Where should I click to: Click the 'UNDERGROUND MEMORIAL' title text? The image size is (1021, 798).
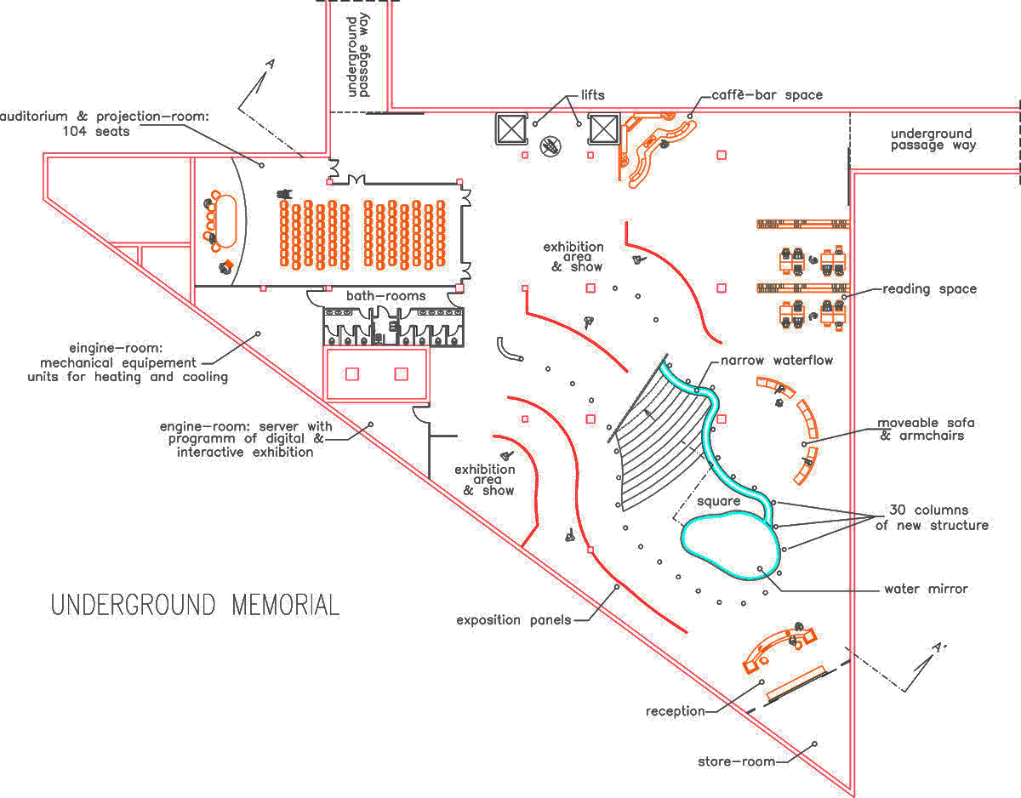[x=195, y=606]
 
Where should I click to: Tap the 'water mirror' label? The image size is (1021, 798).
[x=926, y=589]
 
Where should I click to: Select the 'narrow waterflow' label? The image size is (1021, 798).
[x=777, y=361]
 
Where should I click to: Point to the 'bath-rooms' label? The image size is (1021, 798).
[x=385, y=296]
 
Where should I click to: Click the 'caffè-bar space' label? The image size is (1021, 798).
[x=767, y=95]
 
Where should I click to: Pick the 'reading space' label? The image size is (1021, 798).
[x=929, y=289]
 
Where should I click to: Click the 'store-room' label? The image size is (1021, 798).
[x=736, y=761]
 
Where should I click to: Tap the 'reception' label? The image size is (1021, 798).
[x=675, y=711]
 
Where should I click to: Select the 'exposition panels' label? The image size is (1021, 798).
[x=512, y=620]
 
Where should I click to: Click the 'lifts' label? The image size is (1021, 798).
[x=593, y=95]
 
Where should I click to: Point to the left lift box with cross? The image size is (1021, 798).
[x=511, y=129]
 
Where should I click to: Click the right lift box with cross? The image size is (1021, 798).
[x=603, y=129]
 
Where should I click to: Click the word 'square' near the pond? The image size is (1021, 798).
[x=719, y=501]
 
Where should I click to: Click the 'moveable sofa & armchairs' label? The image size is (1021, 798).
[x=926, y=429]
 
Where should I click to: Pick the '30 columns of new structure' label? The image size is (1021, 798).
[x=932, y=518]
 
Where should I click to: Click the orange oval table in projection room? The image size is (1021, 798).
[x=227, y=219]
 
